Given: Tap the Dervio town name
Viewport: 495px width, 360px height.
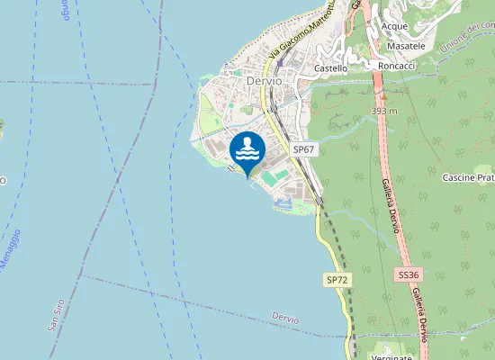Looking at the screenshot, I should tap(263, 80).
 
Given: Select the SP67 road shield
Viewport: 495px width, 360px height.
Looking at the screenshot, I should tap(303, 148).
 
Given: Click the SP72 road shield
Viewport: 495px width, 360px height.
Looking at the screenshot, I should tap(337, 281).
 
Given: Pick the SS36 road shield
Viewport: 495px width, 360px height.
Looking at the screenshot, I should tap(408, 274).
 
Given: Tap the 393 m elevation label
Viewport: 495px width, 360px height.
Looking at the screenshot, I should tap(383, 111).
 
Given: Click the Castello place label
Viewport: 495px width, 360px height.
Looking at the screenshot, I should tap(331, 67).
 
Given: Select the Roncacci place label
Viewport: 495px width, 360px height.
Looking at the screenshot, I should tap(397, 66).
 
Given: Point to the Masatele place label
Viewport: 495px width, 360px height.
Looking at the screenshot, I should tap(405, 46).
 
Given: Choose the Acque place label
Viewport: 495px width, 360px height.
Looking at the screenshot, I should tap(394, 26).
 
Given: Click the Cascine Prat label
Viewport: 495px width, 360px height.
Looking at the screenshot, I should tap(468, 178).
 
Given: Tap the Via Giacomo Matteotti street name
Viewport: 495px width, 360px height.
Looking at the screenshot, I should tap(302, 35).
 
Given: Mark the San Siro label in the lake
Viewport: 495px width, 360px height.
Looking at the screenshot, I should tap(57, 314).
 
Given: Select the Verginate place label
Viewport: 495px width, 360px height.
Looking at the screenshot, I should tap(391, 356).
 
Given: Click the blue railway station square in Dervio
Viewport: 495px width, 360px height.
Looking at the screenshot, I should tap(281, 63).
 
